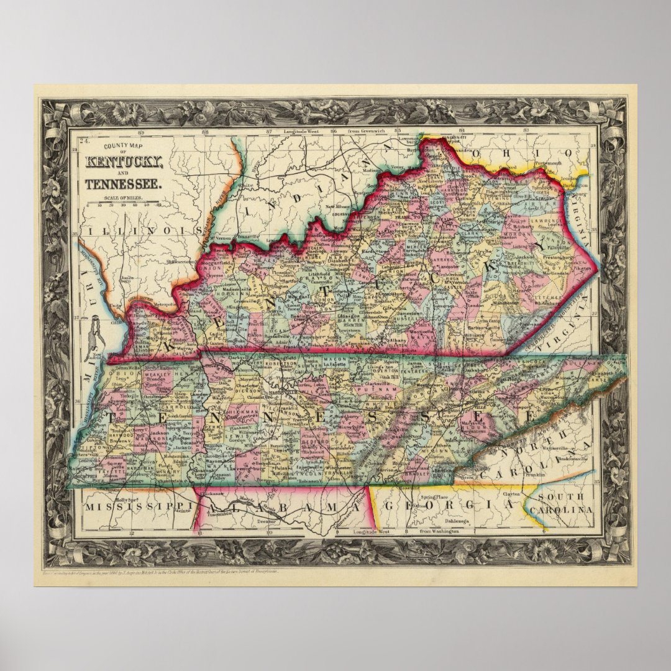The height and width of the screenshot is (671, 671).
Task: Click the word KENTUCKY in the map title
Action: (x=124, y=163)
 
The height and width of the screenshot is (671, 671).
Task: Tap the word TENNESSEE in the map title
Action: (x=124, y=184)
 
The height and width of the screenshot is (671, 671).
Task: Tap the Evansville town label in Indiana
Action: (x=247, y=237)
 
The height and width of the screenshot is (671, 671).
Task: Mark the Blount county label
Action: (x=476, y=429)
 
